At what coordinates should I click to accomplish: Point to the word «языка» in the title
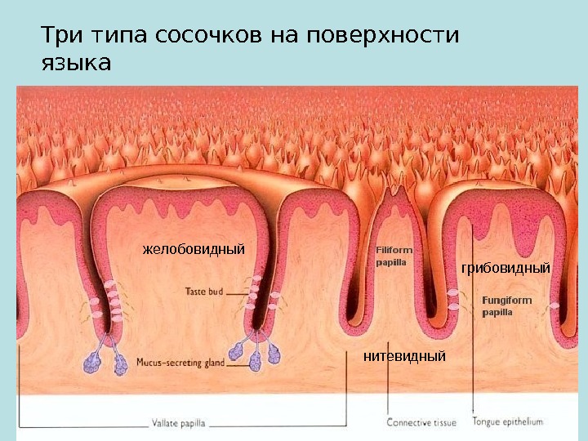pyautogui.click(x=75, y=62)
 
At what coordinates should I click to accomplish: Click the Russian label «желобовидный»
pyautogui.click(x=194, y=247)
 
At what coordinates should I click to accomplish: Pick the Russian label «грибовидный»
pyautogui.click(x=506, y=267)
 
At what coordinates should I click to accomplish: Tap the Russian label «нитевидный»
pyautogui.click(x=405, y=357)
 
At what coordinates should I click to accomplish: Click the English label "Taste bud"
pyautogui.click(x=203, y=291)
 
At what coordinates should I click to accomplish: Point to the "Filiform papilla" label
pyautogui.click(x=394, y=256)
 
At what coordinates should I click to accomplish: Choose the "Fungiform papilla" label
pyautogui.click(x=506, y=305)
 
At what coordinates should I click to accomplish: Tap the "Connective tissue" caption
pyautogui.click(x=421, y=423)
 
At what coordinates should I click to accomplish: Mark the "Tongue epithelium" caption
pyautogui.click(x=507, y=422)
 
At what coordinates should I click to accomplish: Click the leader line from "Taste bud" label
pyautogui.click(x=237, y=292)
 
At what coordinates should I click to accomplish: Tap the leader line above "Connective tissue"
pyautogui.click(x=390, y=392)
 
